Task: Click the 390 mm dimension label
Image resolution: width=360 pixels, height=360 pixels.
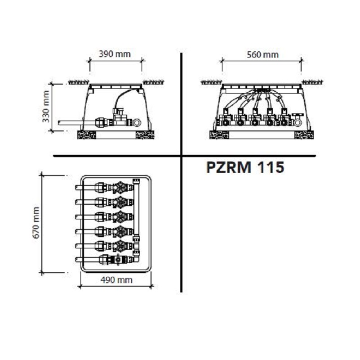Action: click(x=115, y=54)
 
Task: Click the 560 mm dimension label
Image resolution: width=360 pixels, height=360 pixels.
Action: click(x=262, y=55)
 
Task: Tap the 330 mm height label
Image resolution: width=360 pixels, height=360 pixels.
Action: click(x=46, y=107)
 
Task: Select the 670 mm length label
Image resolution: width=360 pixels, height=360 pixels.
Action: click(x=36, y=223)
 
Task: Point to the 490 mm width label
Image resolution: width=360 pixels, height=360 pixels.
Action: click(x=117, y=280)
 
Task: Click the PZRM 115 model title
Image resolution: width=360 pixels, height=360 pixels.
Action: click(x=245, y=167)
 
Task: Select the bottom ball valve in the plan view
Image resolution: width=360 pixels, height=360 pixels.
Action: click(x=118, y=260)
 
